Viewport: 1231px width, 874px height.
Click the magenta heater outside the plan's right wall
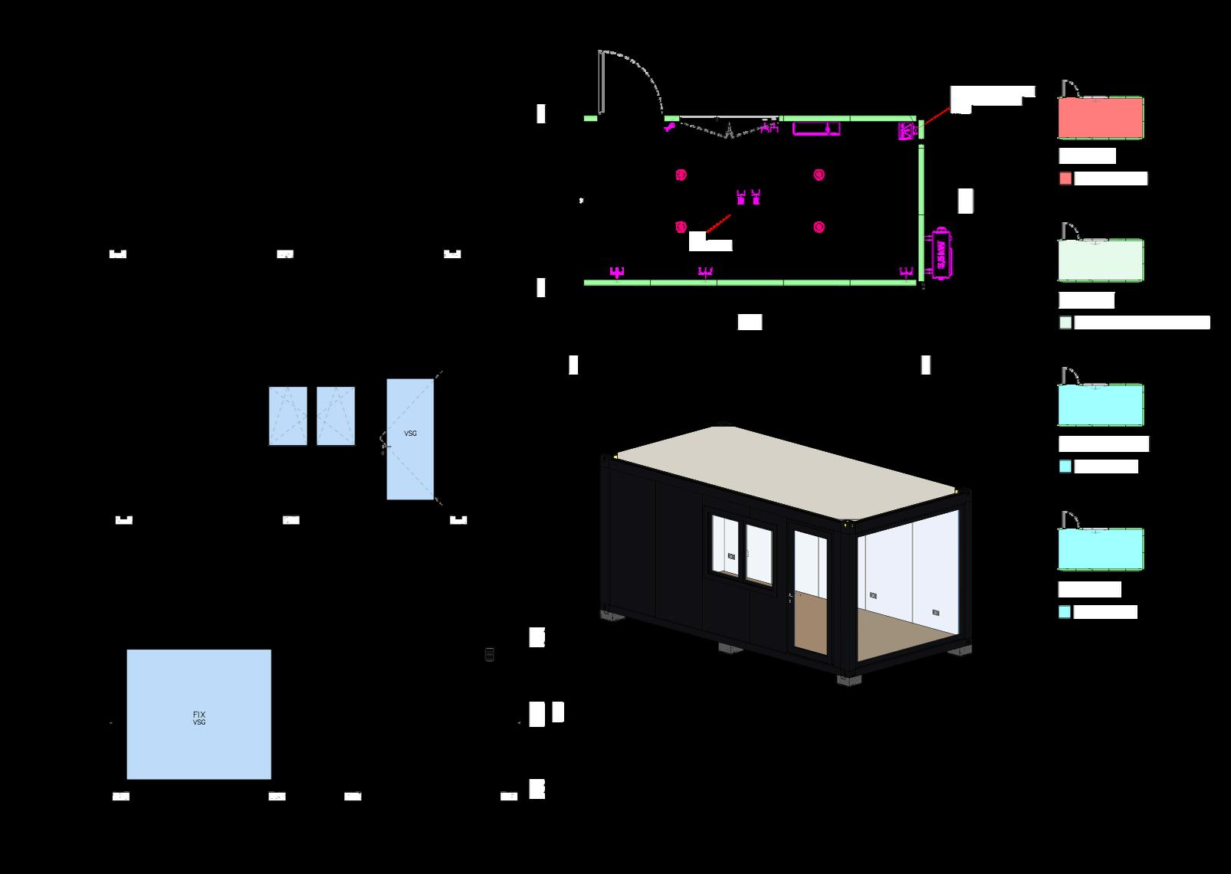point(941,252)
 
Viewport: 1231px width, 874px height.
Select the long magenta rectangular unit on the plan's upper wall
point(816,128)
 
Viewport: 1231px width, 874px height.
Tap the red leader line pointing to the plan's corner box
point(937,114)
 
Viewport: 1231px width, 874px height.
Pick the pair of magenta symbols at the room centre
point(748,197)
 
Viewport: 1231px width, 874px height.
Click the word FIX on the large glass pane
point(199,715)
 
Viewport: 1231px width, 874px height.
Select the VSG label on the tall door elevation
point(410,434)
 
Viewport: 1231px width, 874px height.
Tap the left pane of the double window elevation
point(288,416)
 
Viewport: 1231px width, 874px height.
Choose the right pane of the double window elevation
point(336,416)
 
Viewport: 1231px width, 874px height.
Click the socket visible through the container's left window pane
point(732,556)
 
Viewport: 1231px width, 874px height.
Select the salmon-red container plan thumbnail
point(1101,118)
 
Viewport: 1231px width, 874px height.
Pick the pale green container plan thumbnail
point(1101,260)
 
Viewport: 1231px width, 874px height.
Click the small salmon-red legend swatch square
point(1065,178)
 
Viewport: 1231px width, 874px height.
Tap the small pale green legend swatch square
point(1065,322)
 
